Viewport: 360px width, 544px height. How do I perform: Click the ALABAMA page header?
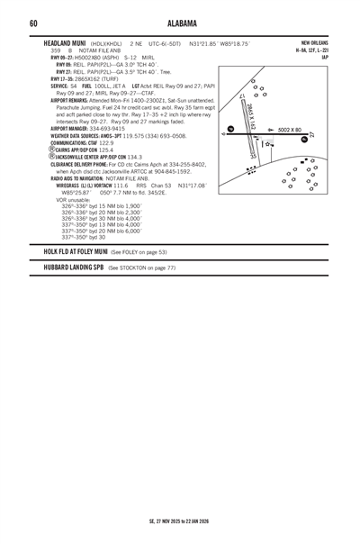tap(180, 23)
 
